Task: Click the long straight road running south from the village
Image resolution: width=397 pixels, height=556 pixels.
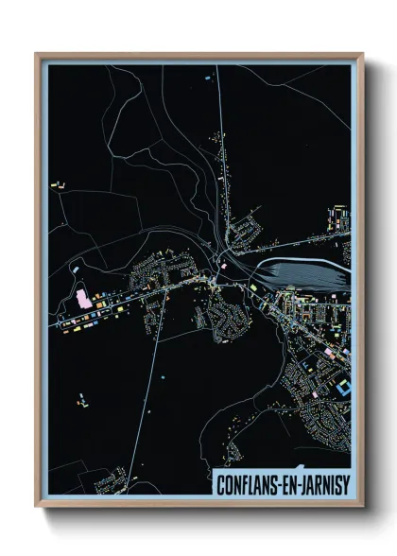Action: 158,378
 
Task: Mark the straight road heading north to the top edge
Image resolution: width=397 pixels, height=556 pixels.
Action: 219,142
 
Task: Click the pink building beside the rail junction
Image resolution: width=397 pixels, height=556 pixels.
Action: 225,268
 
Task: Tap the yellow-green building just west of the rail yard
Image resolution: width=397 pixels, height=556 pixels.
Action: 253,283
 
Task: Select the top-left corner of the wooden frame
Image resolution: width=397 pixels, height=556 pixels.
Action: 37,55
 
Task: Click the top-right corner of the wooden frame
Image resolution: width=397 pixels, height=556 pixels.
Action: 362,55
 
